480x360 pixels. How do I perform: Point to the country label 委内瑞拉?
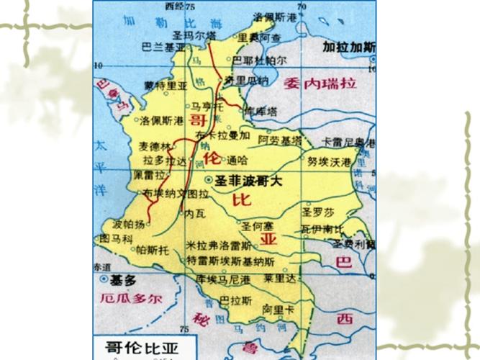[x=320, y=82]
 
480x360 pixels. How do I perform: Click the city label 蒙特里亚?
[x=165, y=85]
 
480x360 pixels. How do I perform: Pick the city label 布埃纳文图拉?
[x=176, y=194]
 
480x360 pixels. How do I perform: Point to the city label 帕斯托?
[x=152, y=250]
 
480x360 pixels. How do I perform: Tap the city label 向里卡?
[x=278, y=309]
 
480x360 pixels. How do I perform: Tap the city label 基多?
[x=119, y=278]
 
